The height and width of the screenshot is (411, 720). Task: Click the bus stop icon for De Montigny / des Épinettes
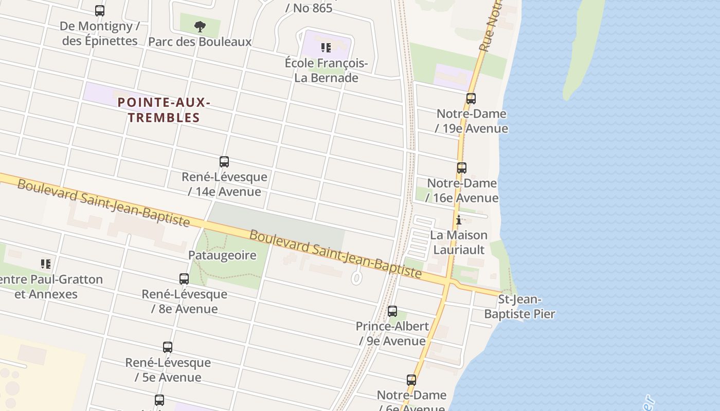[100, 10]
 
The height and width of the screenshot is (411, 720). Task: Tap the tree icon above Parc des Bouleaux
[200, 26]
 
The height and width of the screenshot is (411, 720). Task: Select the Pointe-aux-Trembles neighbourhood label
[164, 110]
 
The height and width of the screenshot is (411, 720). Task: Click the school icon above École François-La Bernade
[326, 48]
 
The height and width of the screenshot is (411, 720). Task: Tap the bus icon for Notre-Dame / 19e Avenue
[471, 98]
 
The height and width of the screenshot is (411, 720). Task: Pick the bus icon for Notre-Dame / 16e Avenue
[462, 167]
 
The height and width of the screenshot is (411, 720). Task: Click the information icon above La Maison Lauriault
[459, 220]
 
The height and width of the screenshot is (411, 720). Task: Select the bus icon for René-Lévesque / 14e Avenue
[224, 162]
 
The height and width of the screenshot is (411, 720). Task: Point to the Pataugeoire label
[222, 255]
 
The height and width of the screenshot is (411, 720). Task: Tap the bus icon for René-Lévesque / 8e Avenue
[184, 279]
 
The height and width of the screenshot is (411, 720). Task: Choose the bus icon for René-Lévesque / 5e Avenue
[168, 347]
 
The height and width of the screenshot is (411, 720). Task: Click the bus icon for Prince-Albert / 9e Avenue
[392, 311]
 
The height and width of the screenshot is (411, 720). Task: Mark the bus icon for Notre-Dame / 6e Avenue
[411, 380]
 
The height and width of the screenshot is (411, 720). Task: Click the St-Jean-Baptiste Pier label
[519, 307]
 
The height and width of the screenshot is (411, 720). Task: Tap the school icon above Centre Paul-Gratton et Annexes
[46, 264]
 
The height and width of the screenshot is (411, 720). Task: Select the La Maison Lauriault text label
[459, 242]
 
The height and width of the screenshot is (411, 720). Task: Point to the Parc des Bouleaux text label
[200, 42]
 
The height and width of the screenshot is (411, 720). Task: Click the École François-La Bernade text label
[326, 70]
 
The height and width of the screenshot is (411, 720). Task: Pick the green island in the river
[584, 46]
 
